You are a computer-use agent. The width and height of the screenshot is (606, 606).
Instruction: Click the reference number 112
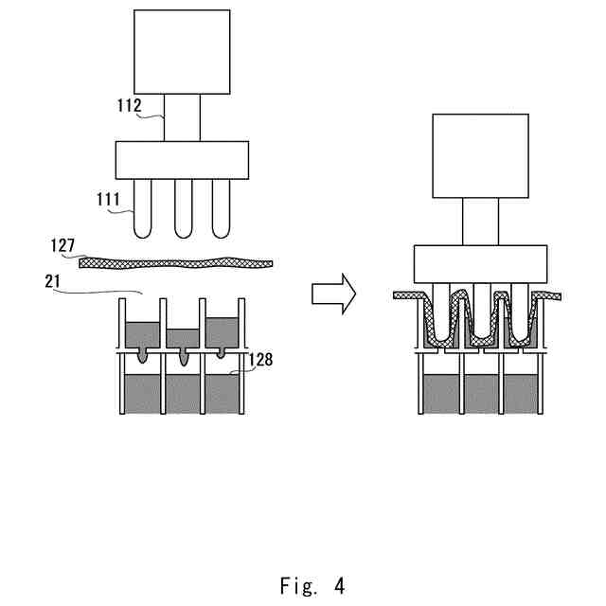pyautogui.click(x=130, y=105)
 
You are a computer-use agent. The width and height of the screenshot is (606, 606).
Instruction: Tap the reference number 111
pyautogui.click(x=108, y=200)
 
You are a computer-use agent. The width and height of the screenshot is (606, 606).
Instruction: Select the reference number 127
pyautogui.click(x=62, y=245)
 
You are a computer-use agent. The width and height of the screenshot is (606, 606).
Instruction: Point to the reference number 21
pyautogui.click(x=53, y=281)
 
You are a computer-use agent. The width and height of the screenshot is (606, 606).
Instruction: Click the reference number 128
pyautogui.click(x=260, y=360)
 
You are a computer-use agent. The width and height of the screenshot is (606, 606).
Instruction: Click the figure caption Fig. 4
pyautogui.click(x=312, y=585)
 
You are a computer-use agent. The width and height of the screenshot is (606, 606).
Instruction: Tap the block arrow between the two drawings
pyautogui.click(x=333, y=294)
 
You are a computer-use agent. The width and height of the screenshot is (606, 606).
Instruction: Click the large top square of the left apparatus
pyautogui.click(x=182, y=52)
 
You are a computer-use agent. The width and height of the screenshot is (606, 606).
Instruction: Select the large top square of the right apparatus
pyautogui.click(x=480, y=156)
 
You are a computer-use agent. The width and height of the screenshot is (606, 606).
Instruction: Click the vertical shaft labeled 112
pyautogui.click(x=183, y=117)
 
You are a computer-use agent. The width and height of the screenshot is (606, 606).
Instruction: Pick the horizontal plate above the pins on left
pyautogui.click(x=182, y=160)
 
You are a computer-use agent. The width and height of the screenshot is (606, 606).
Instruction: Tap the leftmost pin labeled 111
pyautogui.click(x=143, y=208)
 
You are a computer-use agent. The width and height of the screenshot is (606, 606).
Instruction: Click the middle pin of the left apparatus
pyautogui.click(x=183, y=208)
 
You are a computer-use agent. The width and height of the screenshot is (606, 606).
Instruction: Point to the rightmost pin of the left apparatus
pyautogui.click(x=221, y=208)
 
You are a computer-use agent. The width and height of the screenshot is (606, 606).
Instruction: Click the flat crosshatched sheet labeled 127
pyautogui.click(x=176, y=263)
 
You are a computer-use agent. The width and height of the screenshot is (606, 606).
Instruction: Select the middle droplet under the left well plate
pyautogui.click(x=184, y=357)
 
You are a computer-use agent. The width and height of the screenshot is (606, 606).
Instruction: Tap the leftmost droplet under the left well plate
pyautogui.click(x=143, y=356)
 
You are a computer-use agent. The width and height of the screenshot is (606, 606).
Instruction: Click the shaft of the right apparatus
pyautogui.click(x=480, y=222)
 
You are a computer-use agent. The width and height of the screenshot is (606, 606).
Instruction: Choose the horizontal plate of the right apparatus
pyautogui.click(x=480, y=264)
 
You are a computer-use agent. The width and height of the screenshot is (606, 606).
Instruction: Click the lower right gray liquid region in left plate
pyautogui.click(x=222, y=394)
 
